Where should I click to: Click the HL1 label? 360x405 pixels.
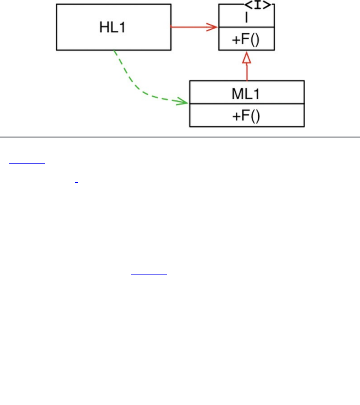point(112,27)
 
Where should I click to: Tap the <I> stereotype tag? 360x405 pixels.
point(257,5)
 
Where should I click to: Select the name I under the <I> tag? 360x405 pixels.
point(246,18)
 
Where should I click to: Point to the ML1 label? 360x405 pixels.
point(245,94)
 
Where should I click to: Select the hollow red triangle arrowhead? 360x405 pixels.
point(246,58)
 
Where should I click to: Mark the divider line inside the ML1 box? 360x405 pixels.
point(247,104)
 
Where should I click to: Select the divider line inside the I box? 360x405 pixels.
point(246,27)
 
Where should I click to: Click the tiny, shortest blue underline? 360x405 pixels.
point(77,182)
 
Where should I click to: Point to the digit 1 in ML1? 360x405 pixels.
point(256,94)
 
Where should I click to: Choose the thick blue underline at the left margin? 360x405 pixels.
point(27,164)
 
